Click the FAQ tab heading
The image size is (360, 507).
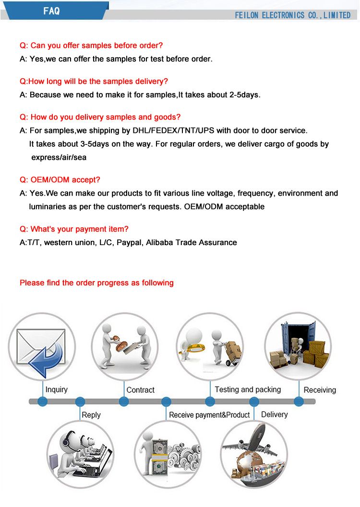(51, 11)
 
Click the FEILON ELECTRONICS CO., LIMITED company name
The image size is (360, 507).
(292, 15)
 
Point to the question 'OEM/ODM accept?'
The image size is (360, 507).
(60, 180)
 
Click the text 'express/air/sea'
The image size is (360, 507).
(59, 157)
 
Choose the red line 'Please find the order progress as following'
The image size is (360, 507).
(96, 283)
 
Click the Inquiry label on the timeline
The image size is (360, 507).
(57, 389)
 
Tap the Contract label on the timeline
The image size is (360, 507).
(141, 390)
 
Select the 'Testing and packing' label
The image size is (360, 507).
(248, 389)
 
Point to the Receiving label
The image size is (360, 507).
(320, 390)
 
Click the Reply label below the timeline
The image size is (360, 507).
(91, 415)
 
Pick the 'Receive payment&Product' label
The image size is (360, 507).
(209, 415)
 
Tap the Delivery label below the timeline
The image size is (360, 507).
(274, 414)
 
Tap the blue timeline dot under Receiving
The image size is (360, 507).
(299, 402)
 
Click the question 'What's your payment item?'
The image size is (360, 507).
(74, 229)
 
